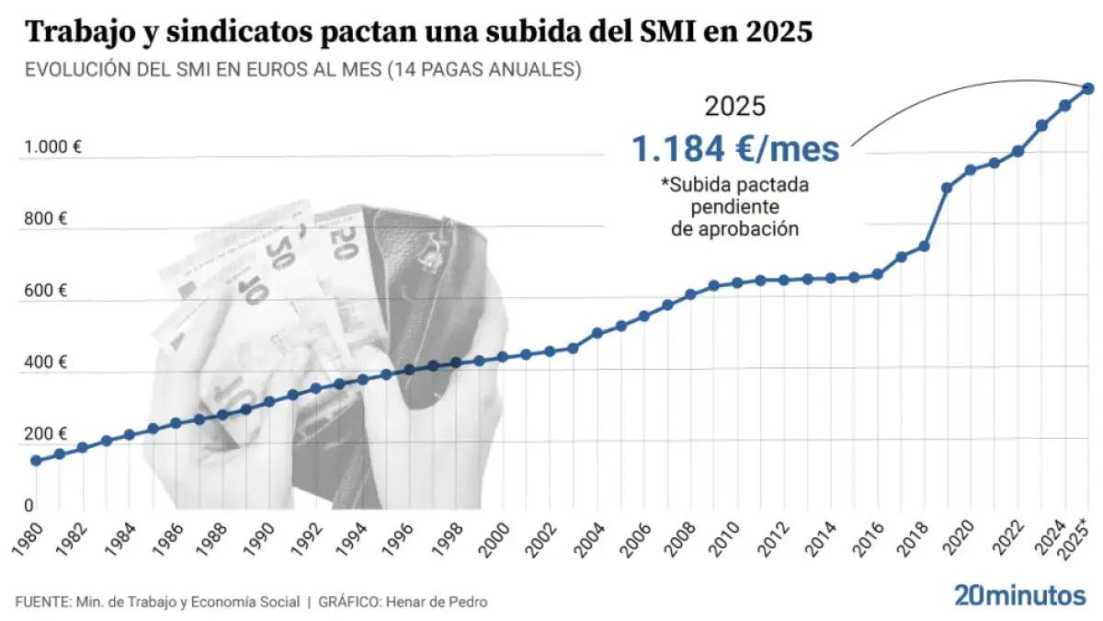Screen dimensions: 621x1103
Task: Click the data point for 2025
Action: tap(1087, 88)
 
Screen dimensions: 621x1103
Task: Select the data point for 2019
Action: tap(947, 188)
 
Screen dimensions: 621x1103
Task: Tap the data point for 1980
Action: tap(36, 460)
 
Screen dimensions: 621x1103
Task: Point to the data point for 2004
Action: tap(597, 332)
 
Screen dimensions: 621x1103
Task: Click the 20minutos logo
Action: tap(1019, 594)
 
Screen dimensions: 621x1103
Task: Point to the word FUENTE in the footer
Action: tap(42, 602)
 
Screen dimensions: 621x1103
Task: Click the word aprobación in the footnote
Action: tap(734, 229)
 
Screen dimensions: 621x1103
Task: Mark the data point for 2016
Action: tap(877, 274)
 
